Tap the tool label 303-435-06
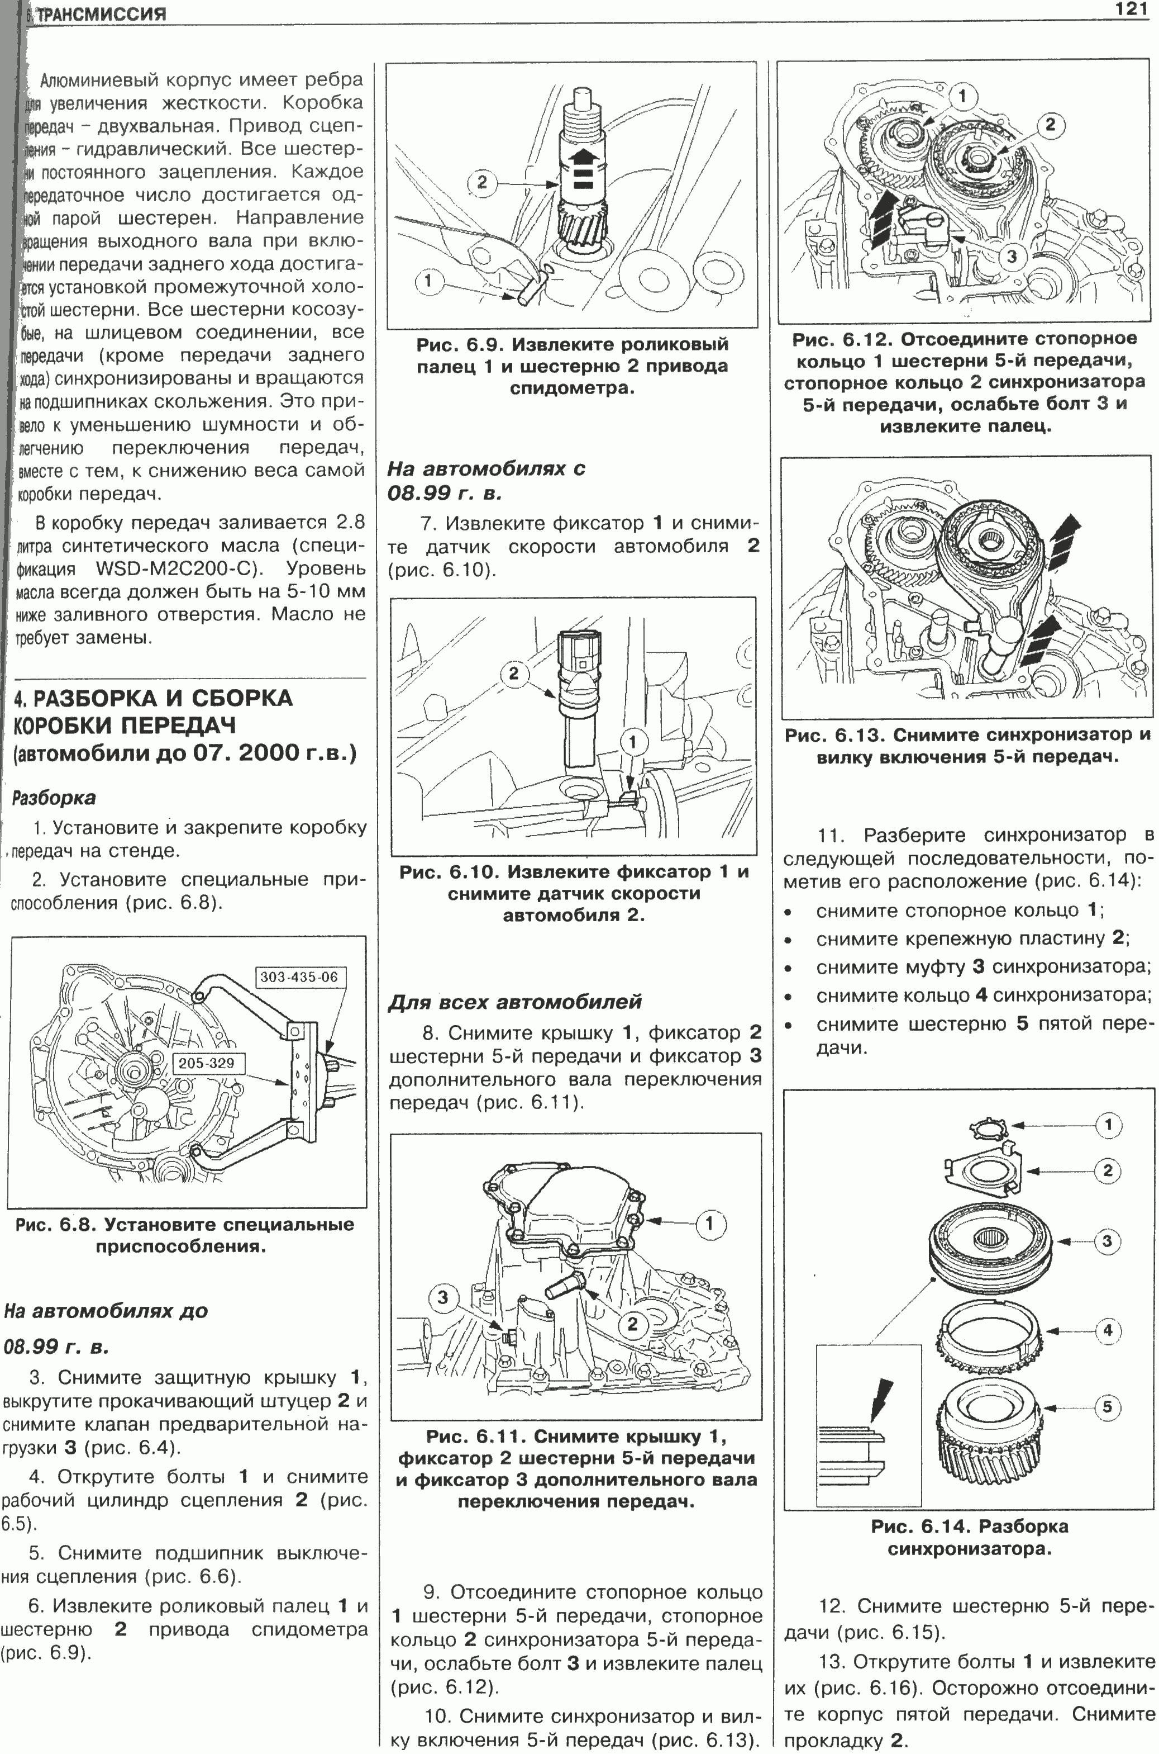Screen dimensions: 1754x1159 (299, 977)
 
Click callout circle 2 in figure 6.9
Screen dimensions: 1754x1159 (482, 182)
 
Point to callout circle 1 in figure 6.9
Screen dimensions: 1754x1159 (429, 280)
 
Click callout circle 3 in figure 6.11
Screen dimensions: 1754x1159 (443, 1297)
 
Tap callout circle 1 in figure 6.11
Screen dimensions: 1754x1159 (709, 1224)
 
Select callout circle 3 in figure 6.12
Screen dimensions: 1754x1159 (1011, 257)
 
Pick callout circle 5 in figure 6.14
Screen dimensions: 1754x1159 (1106, 1406)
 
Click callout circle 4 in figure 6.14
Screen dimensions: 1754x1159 (1107, 1330)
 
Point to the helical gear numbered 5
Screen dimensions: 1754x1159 (990, 1431)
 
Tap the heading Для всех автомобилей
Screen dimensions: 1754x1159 (514, 1002)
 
